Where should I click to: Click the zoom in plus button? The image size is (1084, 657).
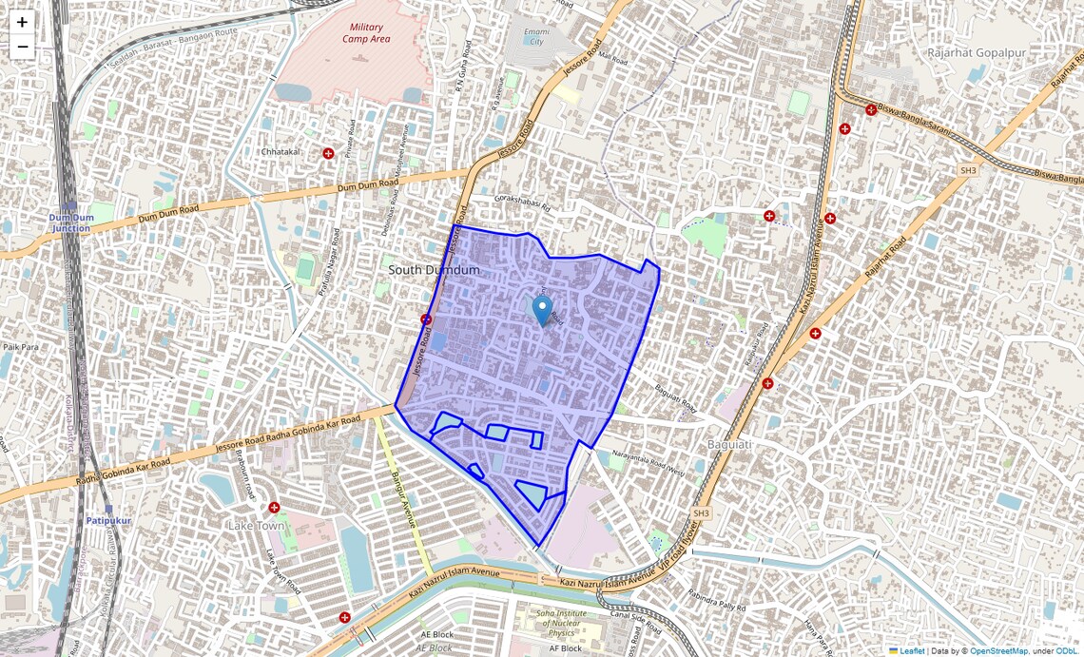(x=22, y=22)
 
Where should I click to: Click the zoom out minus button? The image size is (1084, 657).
(x=22, y=47)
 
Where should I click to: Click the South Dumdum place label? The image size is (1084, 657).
(x=434, y=271)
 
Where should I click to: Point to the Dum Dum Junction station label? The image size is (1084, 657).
(x=71, y=222)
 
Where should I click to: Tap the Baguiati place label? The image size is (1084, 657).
(x=730, y=444)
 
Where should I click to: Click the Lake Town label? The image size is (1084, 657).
(x=256, y=525)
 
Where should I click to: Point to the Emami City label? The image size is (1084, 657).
(x=535, y=36)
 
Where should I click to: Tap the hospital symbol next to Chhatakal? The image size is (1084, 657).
(x=329, y=153)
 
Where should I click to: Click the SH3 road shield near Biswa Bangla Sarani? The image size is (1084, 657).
(x=967, y=170)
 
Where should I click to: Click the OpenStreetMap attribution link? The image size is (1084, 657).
(x=998, y=651)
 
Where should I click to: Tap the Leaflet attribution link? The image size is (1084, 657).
(x=911, y=651)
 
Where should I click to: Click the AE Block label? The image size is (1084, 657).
(x=438, y=633)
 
